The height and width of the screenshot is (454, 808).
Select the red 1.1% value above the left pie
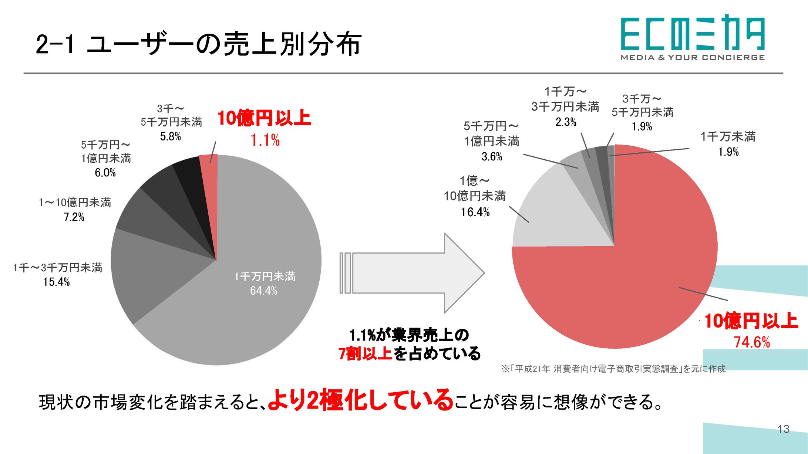(265, 140)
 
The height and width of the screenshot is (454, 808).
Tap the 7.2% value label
(74, 217)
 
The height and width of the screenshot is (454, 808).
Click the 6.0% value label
(105, 173)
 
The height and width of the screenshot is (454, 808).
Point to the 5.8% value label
(171, 137)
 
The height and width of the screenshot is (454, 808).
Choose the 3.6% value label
(492, 157)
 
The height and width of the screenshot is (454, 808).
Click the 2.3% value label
(566, 122)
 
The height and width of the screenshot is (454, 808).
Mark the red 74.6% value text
(752, 342)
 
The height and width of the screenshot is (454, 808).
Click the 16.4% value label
(475, 212)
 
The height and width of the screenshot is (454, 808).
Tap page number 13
(783, 429)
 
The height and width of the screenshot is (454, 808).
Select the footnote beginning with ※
(613, 369)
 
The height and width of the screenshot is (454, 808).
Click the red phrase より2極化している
(360, 401)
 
